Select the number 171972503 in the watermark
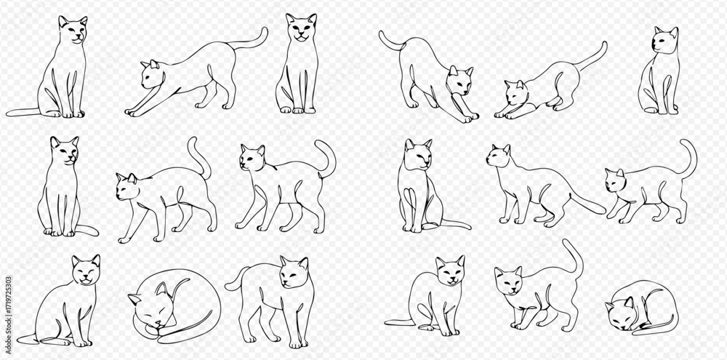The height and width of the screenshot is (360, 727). tap(8, 300)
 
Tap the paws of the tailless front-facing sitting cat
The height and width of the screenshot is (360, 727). tap(297, 110)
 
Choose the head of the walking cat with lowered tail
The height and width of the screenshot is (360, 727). tap(499, 156)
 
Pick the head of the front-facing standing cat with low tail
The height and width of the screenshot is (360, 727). tap(293, 272)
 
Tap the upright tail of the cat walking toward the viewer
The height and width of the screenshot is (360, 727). tap(575, 255)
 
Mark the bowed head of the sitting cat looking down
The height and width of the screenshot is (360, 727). tap(418, 154)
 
